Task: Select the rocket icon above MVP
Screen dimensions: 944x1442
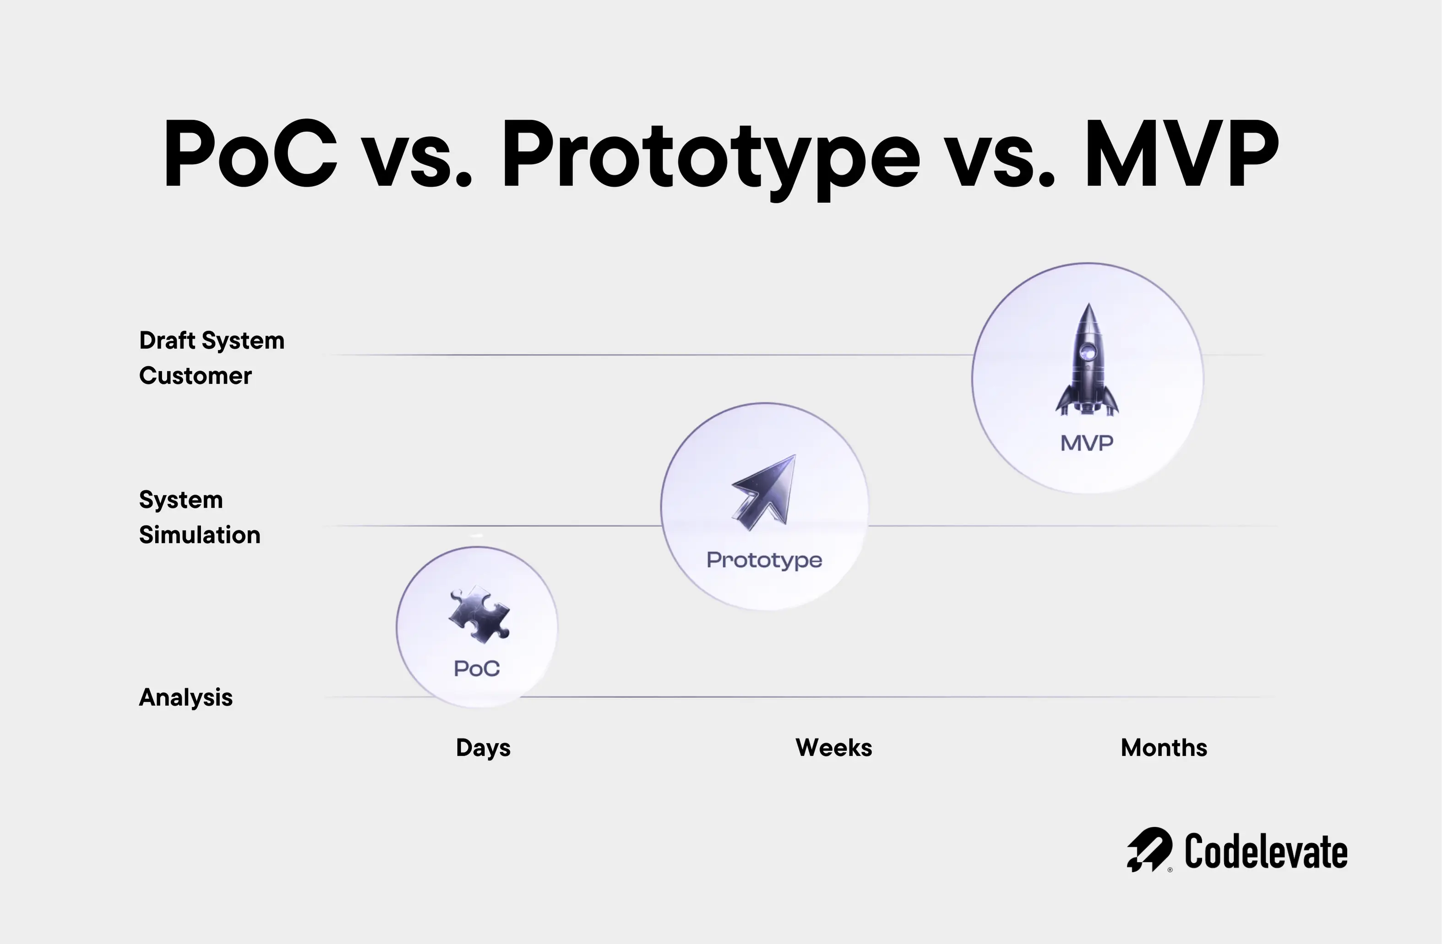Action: pyautogui.click(x=1088, y=360)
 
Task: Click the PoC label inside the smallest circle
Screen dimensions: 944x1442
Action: pyautogui.click(x=477, y=669)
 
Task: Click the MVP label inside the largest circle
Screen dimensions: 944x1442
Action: pyautogui.click(x=1087, y=443)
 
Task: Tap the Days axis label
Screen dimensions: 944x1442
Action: pyautogui.click(x=483, y=748)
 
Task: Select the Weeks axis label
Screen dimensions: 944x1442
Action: pyautogui.click(x=834, y=748)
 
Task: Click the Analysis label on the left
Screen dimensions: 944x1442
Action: pyautogui.click(x=186, y=697)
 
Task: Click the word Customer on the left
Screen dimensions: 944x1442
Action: pyautogui.click(x=196, y=376)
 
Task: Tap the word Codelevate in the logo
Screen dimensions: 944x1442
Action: pyautogui.click(x=1266, y=852)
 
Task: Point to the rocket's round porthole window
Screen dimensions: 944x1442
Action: pyautogui.click(x=1088, y=350)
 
